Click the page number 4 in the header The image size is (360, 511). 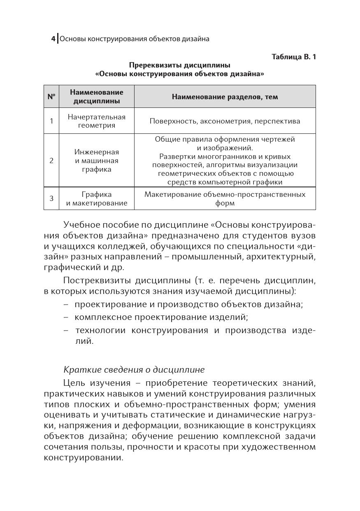[x=53, y=39]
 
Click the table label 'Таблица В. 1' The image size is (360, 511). [x=294, y=57]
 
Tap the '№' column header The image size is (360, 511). [x=51, y=97]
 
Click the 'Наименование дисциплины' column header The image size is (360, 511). [x=97, y=97]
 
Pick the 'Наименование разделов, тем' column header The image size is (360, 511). [x=225, y=97]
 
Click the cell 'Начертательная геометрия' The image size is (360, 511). [x=97, y=121]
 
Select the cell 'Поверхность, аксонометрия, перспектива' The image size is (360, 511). [x=225, y=121]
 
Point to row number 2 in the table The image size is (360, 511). [x=51, y=161]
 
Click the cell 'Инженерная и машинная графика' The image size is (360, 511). [x=97, y=161]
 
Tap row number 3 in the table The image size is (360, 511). [x=51, y=198]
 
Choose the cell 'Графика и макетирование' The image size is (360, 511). [x=97, y=198]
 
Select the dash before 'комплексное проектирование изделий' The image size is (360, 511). [x=66, y=317]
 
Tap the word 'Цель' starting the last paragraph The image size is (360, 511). [x=74, y=383]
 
